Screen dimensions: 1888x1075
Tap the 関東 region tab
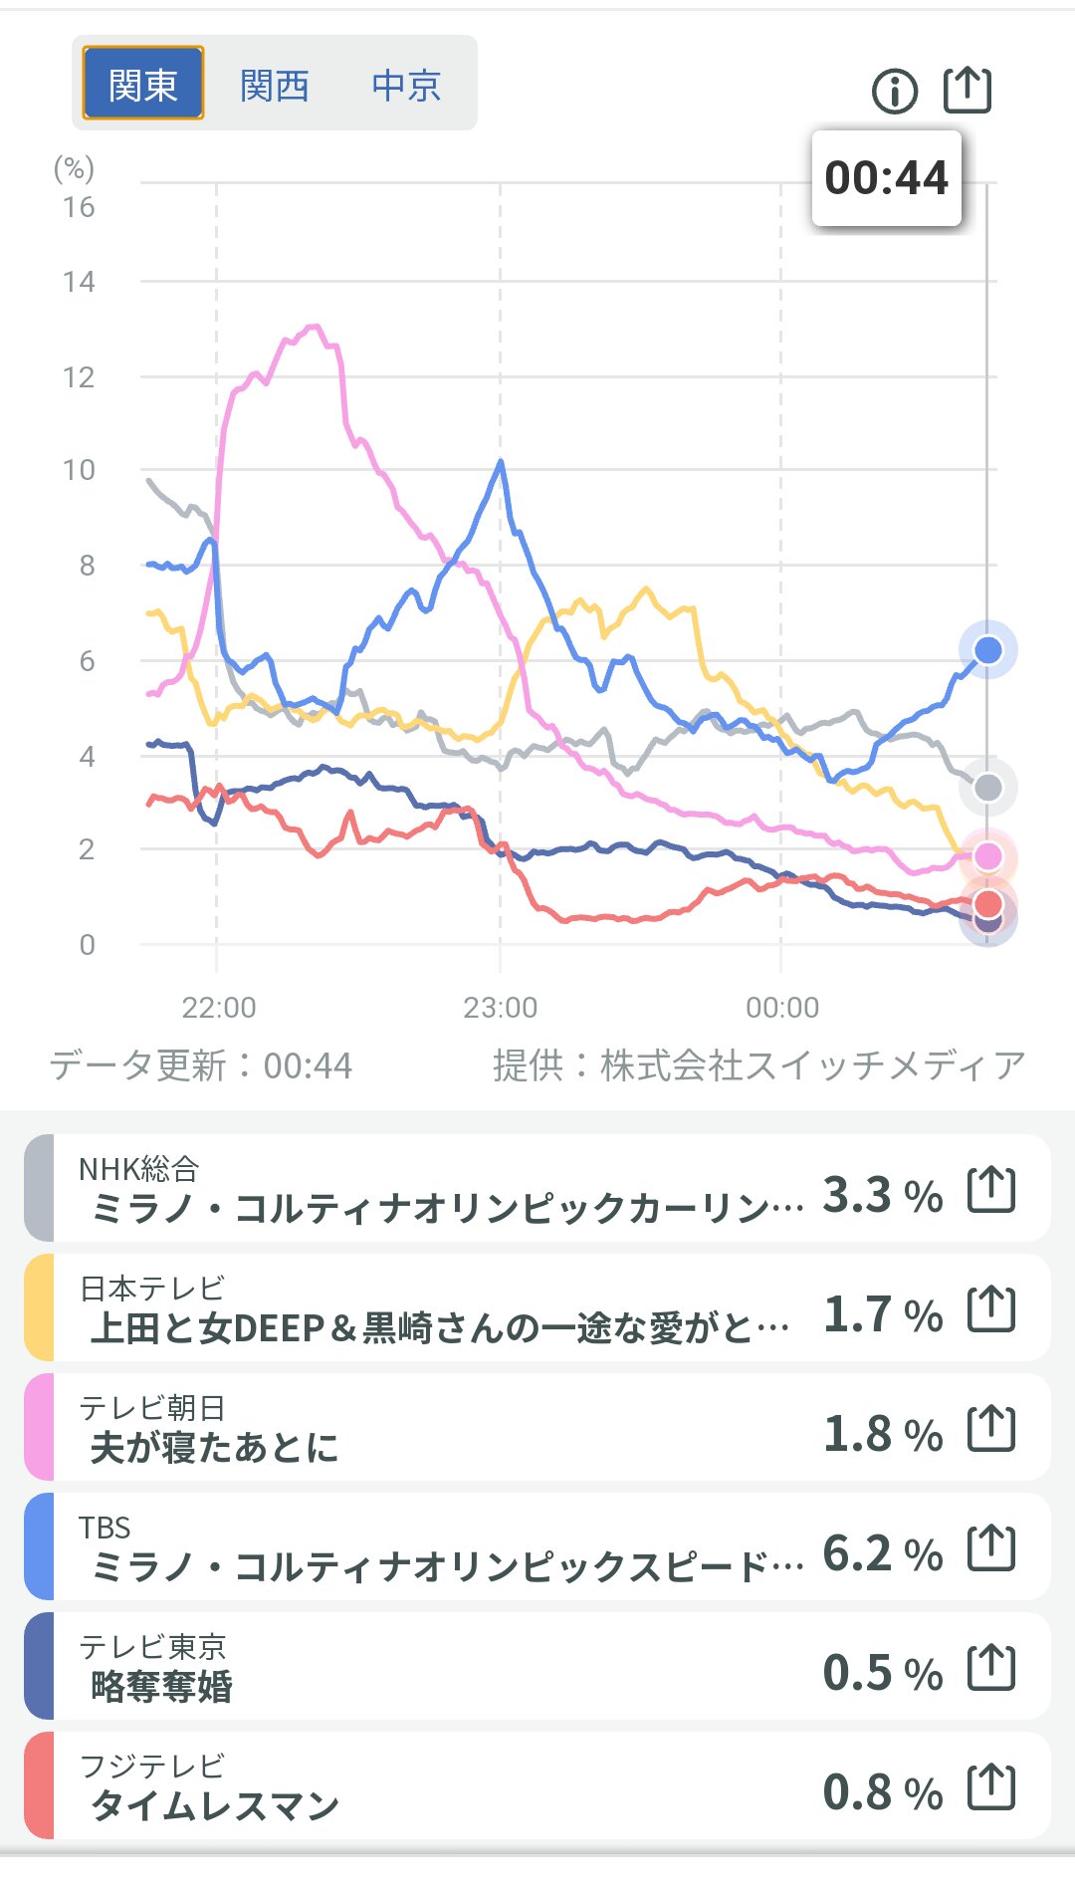tap(142, 84)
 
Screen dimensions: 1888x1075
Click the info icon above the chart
tap(894, 92)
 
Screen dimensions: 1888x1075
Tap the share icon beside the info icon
tap(967, 90)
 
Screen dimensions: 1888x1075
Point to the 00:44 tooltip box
tap(886, 178)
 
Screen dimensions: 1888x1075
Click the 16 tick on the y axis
tap(79, 207)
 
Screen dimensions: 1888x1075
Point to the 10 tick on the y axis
tap(79, 470)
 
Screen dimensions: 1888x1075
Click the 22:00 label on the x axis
tap(218, 1008)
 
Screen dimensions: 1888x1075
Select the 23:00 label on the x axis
tap(500, 1008)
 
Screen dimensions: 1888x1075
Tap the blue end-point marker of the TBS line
tap(987, 650)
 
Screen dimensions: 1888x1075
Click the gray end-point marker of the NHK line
tap(987, 788)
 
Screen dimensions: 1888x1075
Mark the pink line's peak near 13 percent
tap(315, 327)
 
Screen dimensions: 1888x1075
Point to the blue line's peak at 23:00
tap(500, 462)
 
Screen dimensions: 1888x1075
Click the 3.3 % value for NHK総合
tap(882, 1194)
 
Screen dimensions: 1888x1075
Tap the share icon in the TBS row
tap(991, 1547)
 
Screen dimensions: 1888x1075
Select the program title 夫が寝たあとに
tap(214, 1447)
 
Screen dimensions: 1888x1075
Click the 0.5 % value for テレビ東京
tap(882, 1672)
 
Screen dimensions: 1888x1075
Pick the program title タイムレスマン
tap(215, 1805)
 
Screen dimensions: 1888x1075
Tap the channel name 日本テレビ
tap(151, 1288)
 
